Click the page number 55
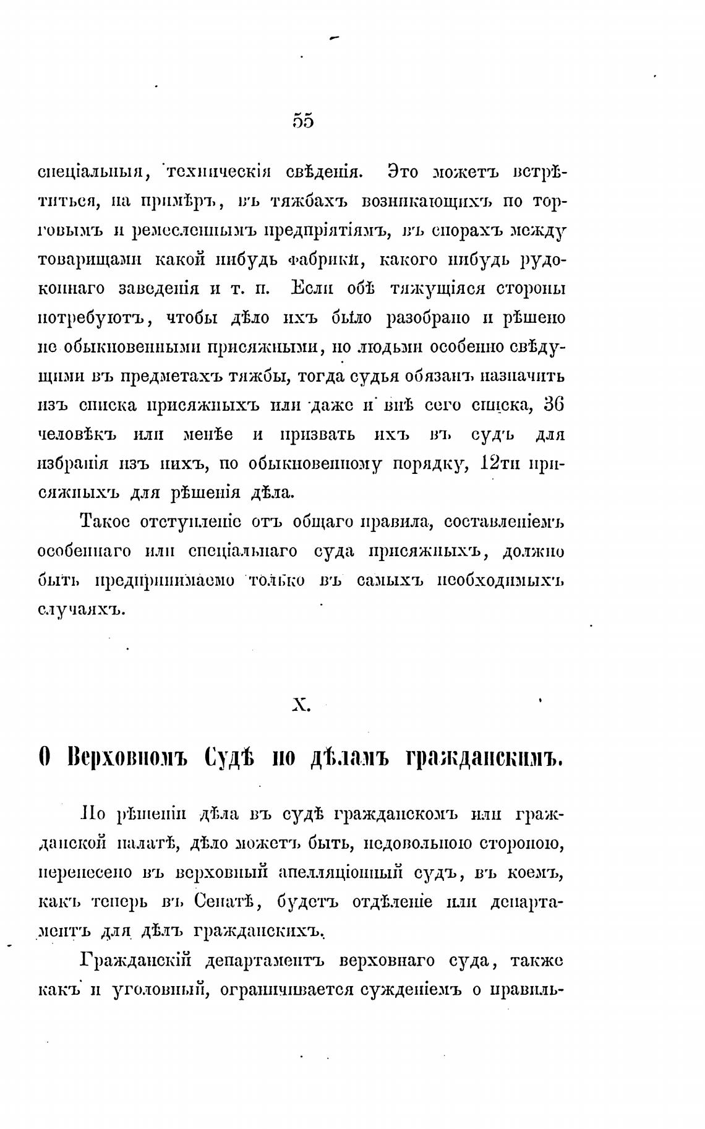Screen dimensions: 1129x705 pyautogui.click(x=303, y=121)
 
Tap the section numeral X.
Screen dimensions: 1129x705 pyautogui.click(x=301, y=705)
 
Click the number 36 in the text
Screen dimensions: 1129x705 pyautogui.click(x=553, y=405)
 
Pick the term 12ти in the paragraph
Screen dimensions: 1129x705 pyautogui.click(x=500, y=463)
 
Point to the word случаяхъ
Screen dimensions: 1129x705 pyautogui.click(x=82, y=610)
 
